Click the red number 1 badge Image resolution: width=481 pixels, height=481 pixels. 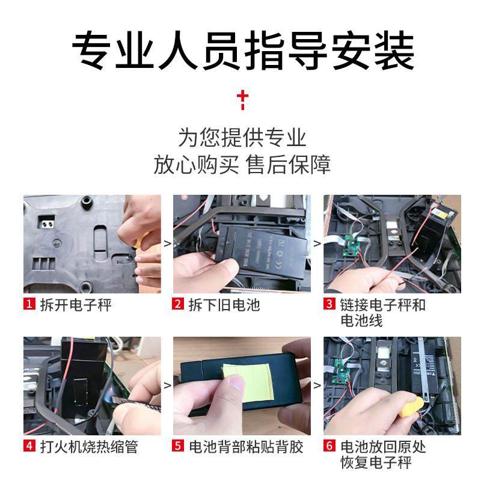29,305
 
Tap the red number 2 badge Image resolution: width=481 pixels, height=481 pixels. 178,305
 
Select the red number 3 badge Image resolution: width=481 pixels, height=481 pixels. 329,305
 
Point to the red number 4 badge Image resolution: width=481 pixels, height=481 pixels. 29,447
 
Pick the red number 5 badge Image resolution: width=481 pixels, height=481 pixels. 178,447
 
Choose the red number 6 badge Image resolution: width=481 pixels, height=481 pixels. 329,447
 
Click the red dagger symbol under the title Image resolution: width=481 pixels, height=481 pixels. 242,99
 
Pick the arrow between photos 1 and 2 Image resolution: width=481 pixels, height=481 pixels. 167,244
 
